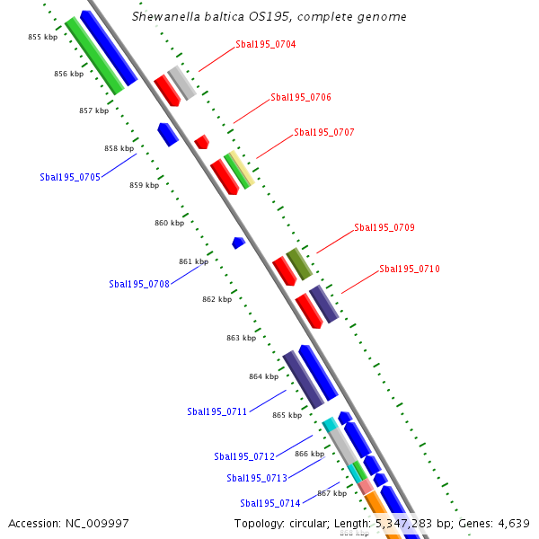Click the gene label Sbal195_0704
(266, 44)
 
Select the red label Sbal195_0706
(301, 97)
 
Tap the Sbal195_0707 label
(324, 132)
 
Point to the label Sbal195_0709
(384, 227)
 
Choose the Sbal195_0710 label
(410, 269)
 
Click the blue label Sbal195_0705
(70, 177)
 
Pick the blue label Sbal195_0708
(139, 284)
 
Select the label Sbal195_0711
(217, 411)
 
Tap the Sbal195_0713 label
(257, 478)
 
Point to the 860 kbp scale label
(169, 223)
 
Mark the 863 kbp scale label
(241, 338)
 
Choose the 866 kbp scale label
(309, 454)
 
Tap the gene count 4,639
(513, 524)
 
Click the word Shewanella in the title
(163, 17)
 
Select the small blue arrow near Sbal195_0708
(238, 243)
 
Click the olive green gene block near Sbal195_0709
(299, 263)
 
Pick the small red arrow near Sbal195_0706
(202, 141)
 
